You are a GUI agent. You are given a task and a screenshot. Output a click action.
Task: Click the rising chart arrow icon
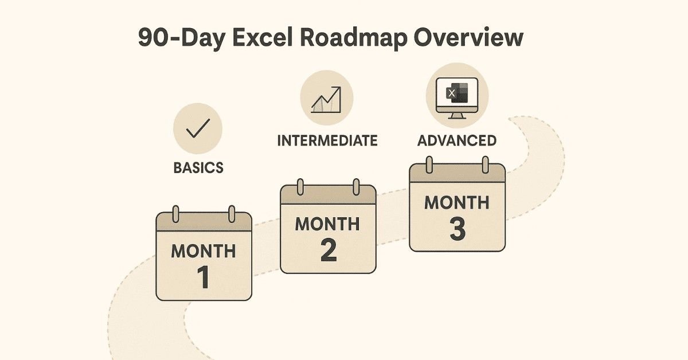327,99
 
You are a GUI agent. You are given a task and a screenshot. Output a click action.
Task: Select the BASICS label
198,169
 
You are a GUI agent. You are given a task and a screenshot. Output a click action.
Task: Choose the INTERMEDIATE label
327,140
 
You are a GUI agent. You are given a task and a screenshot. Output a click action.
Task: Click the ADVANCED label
457,140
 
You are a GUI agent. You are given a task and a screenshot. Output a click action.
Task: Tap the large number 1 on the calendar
204,276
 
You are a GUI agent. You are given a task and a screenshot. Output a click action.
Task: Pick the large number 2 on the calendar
328,251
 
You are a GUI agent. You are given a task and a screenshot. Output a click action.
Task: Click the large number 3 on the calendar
458,228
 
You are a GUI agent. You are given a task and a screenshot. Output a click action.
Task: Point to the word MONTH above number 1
204,251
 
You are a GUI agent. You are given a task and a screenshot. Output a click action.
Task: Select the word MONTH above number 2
328,224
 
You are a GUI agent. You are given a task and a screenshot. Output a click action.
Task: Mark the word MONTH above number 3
457,202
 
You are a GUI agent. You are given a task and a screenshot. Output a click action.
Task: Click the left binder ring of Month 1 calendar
176,213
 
